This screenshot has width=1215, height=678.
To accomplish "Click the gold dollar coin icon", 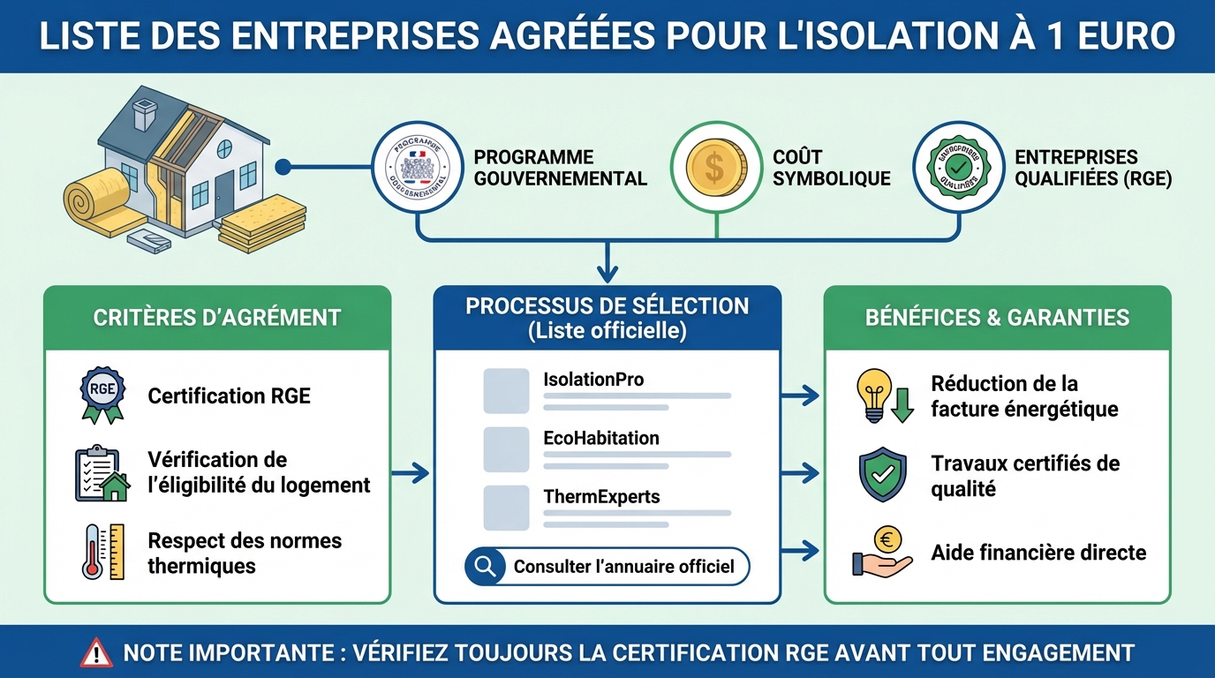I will [x=716, y=167].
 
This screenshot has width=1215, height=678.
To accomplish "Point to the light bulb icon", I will [x=875, y=395].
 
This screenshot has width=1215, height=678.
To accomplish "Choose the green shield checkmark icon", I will [x=882, y=475].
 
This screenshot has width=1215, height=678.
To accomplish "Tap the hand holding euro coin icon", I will [x=882, y=553].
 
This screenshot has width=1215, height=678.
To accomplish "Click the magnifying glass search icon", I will [x=485, y=567].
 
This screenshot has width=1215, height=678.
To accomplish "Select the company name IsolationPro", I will [x=593, y=380].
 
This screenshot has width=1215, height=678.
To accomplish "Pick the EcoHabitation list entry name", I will [x=600, y=438].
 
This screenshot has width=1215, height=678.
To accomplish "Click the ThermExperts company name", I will [x=601, y=496].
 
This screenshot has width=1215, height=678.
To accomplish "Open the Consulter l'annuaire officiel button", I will [x=607, y=567].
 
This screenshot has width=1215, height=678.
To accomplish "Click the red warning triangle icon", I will [x=96, y=653].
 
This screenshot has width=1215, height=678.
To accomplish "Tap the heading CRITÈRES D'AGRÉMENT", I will [x=217, y=318].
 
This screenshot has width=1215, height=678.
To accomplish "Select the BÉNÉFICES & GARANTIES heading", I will [x=997, y=318].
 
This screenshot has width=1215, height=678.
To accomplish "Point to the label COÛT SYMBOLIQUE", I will [x=831, y=168].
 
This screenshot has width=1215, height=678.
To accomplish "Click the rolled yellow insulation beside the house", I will [x=93, y=201].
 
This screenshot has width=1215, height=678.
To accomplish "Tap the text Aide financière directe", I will [x=1038, y=553].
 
